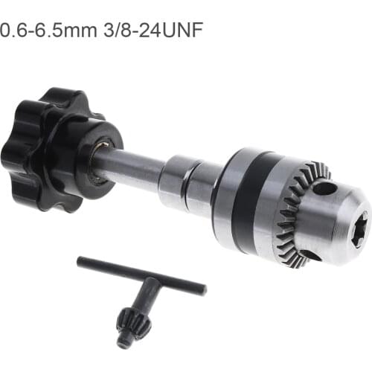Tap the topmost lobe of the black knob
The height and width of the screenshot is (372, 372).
(x=60, y=97)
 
